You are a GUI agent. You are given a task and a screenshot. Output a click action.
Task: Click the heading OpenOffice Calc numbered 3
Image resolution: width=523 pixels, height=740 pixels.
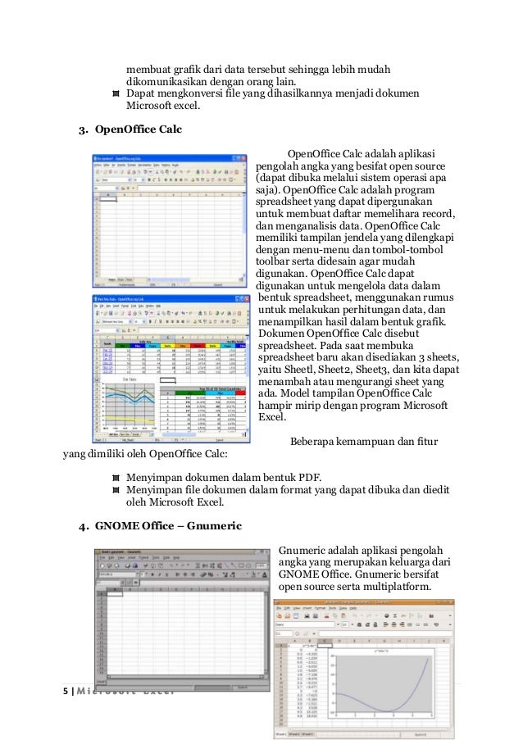139,129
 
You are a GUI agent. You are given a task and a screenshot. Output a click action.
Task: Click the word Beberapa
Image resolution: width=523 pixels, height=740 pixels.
315,441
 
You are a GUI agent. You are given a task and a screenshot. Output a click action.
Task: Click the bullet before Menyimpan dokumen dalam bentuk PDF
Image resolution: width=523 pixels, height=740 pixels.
116,477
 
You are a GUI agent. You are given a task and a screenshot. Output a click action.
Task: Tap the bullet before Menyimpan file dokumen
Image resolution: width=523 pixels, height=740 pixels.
116,489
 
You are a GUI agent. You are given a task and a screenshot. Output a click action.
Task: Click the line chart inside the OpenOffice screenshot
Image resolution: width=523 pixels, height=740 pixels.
124,405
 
